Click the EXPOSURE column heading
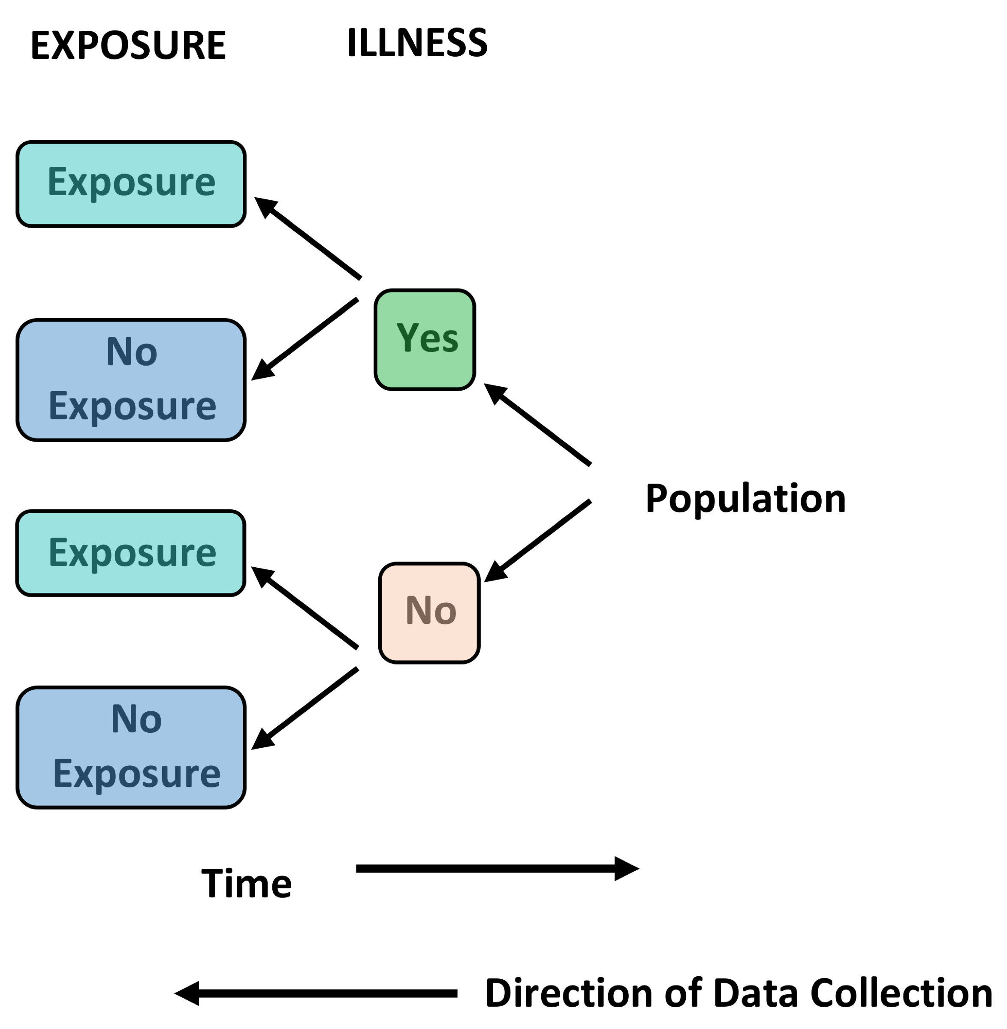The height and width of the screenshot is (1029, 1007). coord(128,45)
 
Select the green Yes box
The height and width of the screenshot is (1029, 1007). coord(425,340)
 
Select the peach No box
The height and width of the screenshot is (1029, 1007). coord(429,612)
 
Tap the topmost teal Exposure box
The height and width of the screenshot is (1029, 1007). coord(131,184)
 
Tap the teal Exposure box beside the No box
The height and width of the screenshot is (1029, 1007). coord(131,553)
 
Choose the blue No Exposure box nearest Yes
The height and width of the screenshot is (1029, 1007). coord(131,380)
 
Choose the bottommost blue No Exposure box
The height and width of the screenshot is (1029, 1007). coord(131,747)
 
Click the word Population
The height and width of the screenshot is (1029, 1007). coord(745,498)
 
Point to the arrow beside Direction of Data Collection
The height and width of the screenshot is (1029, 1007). coord(316,993)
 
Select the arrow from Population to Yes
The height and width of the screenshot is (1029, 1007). coord(537,424)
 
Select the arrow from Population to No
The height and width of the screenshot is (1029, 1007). coord(537,540)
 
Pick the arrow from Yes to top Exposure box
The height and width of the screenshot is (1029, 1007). coord(308,238)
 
